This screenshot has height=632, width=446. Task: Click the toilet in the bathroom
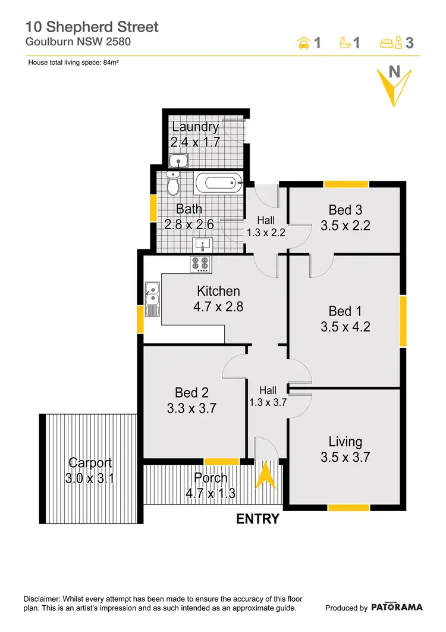[173, 184]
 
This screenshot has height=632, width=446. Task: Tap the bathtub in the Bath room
[219, 183]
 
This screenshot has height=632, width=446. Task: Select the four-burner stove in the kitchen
[200, 264]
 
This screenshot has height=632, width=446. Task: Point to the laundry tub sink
[178, 160]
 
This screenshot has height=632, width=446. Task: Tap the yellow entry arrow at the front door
[265, 476]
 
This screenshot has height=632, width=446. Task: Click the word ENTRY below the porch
[257, 519]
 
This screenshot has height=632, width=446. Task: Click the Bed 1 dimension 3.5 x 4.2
[346, 327]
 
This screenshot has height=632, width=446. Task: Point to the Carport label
[90, 462]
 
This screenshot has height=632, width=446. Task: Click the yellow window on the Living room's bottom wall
[348, 508]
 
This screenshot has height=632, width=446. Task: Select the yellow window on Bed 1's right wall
[403, 321]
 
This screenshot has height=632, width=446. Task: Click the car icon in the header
[303, 43]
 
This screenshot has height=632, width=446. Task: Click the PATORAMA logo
[397, 608]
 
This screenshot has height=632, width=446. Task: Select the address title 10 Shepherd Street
[92, 27]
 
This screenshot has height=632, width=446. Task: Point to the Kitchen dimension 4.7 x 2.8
[218, 307]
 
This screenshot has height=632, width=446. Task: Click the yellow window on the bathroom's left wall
[152, 209]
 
